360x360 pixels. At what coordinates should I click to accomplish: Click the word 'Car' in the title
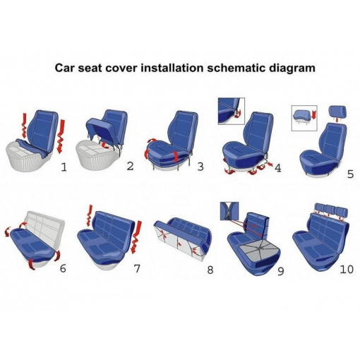tap(64, 68)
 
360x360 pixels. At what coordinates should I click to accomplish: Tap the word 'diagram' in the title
tap(292, 68)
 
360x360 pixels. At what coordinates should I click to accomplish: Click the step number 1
tap(64, 167)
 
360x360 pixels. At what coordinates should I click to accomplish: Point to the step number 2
tap(130, 166)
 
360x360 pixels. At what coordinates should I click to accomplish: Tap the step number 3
tap(200, 167)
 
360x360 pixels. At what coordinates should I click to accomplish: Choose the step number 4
tap(278, 168)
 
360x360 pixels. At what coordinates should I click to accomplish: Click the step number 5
tap(350, 174)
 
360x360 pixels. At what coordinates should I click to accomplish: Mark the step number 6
tap(63, 268)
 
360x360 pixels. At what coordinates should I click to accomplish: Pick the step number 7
tap(137, 268)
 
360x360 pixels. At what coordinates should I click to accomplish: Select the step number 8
tap(210, 270)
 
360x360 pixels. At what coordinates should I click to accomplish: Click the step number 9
tap(281, 271)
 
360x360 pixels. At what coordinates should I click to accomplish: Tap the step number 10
tap(347, 270)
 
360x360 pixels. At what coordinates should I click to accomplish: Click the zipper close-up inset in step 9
tap(229, 211)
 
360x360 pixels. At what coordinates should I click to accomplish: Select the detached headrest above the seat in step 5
tap(338, 112)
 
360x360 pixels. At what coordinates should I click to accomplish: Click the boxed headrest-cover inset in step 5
tap(304, 118)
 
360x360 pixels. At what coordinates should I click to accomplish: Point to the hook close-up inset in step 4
tap(232, 111)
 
